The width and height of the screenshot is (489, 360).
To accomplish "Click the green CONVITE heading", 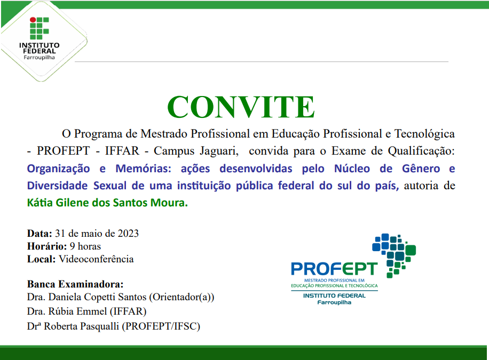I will coord(241,107).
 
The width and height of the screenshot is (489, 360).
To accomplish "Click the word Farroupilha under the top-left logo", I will coord(38,57).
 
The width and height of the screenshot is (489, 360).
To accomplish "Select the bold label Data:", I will coord(40,234).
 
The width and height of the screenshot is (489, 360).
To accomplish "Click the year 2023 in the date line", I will coord(129,234).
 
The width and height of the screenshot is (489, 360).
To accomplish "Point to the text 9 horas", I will coord(85,246).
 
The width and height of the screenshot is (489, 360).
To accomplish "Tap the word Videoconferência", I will coord(96,259).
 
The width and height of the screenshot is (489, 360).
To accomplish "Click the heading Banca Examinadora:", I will coord(75,284).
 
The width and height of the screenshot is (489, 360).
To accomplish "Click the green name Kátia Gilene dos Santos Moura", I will coord(107,203).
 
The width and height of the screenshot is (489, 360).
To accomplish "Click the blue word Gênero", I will coord(421,169).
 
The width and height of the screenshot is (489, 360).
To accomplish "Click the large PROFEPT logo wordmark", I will coord(334,268).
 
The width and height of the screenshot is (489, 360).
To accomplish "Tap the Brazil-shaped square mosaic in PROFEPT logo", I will coord(395,253).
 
